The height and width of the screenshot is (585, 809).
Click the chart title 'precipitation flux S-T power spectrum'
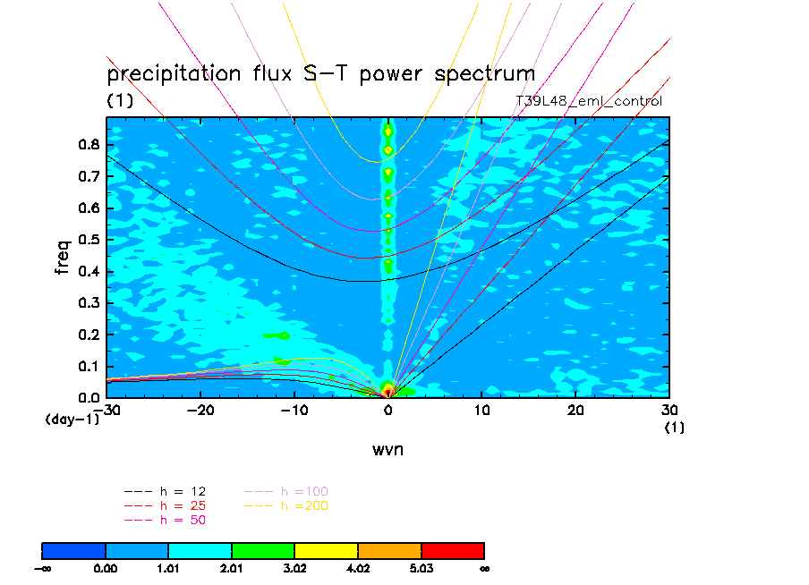(321, 73)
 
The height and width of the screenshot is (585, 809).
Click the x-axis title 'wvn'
(387, 449)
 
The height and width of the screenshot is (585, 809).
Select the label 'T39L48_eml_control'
(589, 101)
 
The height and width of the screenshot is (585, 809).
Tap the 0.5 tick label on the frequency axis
(87, 240)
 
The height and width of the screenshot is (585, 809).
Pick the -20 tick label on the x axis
(200, 410)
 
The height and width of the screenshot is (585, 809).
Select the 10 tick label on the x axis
(482, 410)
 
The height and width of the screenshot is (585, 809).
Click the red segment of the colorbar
(452, 550)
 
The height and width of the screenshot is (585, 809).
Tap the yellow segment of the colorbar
(326, 550)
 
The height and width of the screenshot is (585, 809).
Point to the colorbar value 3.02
(295, 567)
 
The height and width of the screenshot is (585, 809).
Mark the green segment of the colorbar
(263, 550)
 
